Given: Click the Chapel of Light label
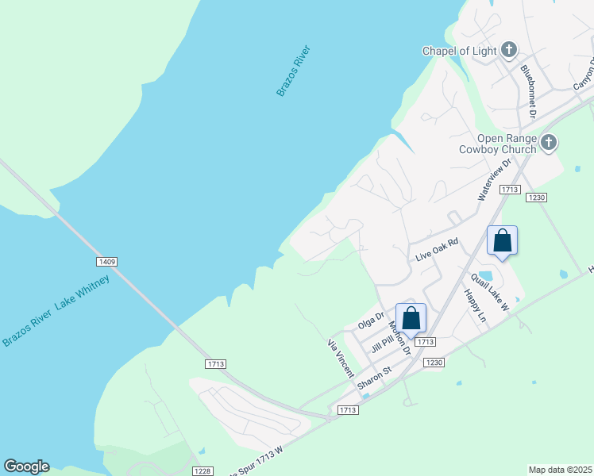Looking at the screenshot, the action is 459,52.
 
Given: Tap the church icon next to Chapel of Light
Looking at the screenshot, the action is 509,51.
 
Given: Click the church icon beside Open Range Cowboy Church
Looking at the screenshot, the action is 549,143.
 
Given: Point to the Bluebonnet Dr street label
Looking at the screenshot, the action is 529,93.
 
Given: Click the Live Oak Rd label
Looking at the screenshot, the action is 438,251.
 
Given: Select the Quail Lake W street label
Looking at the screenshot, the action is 489,293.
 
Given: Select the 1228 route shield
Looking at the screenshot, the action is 202,471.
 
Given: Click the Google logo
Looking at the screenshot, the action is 26,466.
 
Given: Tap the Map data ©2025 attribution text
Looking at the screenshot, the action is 561,470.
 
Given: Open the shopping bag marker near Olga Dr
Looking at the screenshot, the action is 411,318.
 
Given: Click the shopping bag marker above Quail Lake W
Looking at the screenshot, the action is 502,240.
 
